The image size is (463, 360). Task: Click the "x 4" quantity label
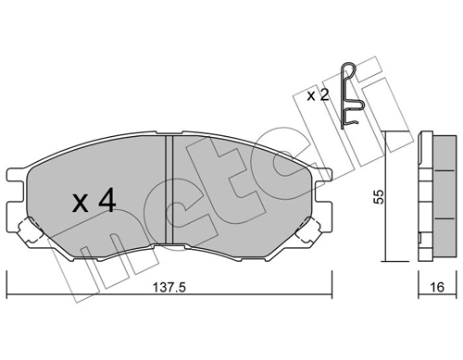pyautogui.click(x=94, y=201)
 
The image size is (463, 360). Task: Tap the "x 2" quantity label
pyautogui.click(x=319, y=94)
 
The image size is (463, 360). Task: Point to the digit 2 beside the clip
pyautogui.click(x=325, y=94)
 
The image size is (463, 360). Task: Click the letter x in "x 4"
pyautogui.click(x=80, y=203)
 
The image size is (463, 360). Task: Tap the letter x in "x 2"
pyautogui.click(x=311, y=95)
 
